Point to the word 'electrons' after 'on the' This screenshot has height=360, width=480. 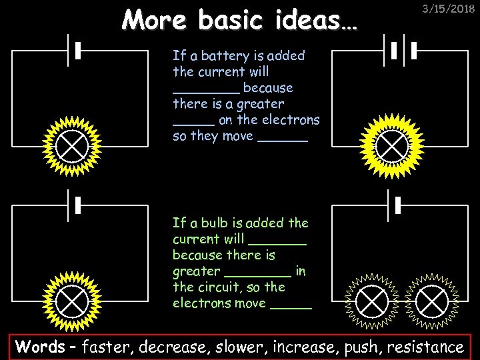point(291,120)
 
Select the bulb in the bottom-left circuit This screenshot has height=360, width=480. point(71,301)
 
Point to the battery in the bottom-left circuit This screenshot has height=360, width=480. point(74,205)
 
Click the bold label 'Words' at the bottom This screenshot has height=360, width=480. point(41,347)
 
